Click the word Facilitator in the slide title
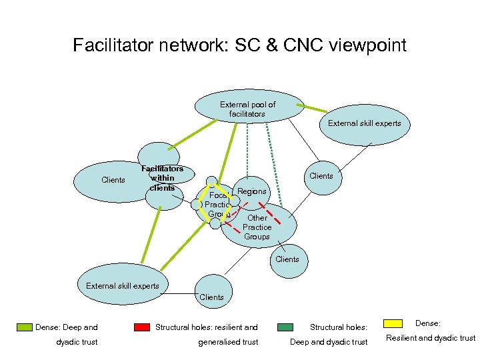pos(111,46)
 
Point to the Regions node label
pos(251,191)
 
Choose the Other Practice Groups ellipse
pos(257,227)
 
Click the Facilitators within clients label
pos(162,178)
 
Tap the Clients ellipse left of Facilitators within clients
pos(113,180)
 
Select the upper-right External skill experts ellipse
pos(364,124)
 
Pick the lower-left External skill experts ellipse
pos(123,286)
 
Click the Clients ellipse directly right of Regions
pos(321,176)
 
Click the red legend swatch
pos(141,327)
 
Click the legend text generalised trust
pos(228,342)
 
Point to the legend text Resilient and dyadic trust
pos(431,338)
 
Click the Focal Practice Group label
pos(217,205)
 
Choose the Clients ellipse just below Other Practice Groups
pos(287,259)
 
